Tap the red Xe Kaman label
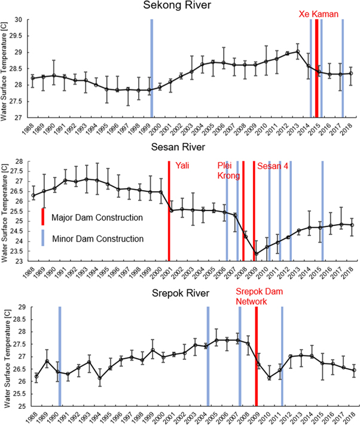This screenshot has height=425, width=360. coord(321,12)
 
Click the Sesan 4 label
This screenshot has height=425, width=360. coord(273,166)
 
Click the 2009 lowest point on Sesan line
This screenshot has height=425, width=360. coord(256,254)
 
